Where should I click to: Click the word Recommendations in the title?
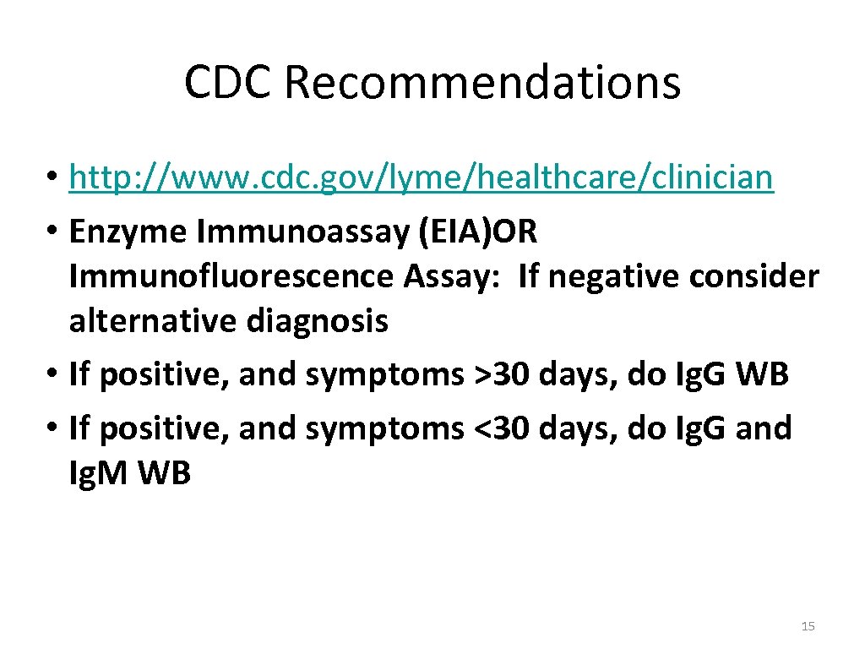coord(482,83)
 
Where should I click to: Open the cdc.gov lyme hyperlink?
coord(421,178)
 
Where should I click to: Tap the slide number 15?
coord(808,626)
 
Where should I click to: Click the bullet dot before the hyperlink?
coord(52,179)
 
